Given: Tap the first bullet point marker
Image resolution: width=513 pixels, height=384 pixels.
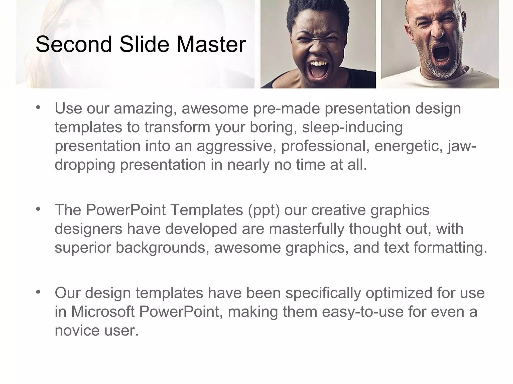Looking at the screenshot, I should [x=38, y=108].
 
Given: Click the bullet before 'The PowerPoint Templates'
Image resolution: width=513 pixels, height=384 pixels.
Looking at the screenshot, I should [x=38, y=209].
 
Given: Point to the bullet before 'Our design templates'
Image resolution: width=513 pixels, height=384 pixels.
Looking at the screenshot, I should [x=38, y=292].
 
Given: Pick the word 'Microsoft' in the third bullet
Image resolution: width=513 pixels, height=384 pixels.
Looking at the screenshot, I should [x=103, y=312].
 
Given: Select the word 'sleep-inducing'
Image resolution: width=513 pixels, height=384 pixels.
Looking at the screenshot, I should [x=352, y=127].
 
